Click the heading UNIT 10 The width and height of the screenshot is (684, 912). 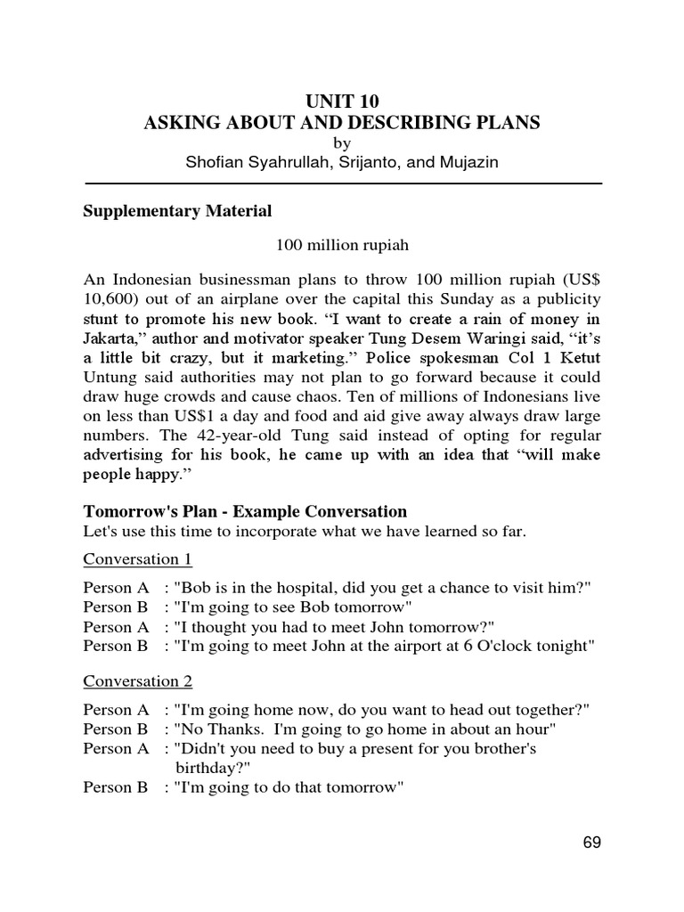pyautogui.click(x=342, y=101)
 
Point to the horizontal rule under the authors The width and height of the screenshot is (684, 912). pyautogui.click(x=342, y=183)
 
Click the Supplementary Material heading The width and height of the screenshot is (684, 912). pyautogui.click(x=177, y=212)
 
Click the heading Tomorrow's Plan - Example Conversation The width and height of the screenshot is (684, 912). pyautogui.click(x=245, y=511)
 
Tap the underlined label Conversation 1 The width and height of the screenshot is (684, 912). pyautogui.click(x=137, y=559)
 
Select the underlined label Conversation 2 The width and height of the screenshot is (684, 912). pyautogui.click(x=137, y=681)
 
